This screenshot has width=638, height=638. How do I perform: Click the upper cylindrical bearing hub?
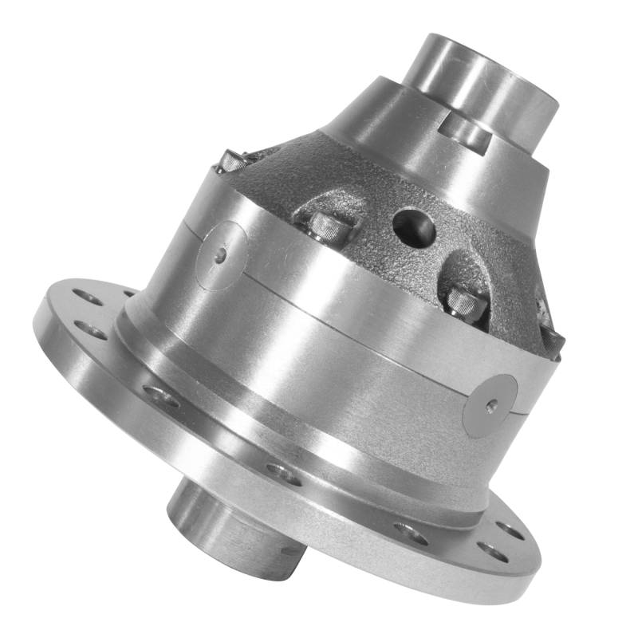pos(478,80)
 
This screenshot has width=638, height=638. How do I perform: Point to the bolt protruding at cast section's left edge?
pos(231,162)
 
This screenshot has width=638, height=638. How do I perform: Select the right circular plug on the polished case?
pos(490,405)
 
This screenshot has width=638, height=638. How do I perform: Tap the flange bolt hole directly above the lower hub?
pos(284,475)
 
